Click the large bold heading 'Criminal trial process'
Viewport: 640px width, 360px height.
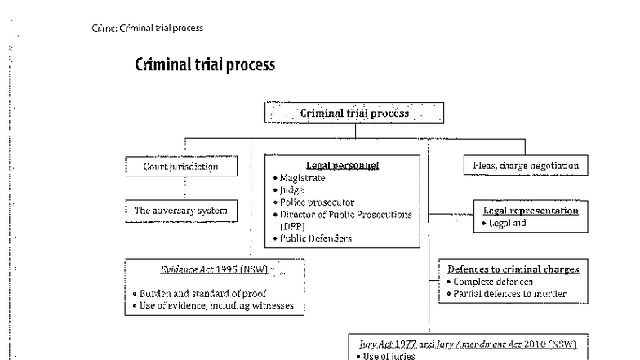tap(205, 65)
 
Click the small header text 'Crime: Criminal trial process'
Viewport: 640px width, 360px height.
tap(148, 28)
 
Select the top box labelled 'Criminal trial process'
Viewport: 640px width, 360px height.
tap(354, 113)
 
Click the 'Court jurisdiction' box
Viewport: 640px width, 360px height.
tap(182, 166)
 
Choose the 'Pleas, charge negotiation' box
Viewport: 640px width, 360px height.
tap(526, 166)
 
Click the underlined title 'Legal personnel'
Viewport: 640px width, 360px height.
tap(342, 165)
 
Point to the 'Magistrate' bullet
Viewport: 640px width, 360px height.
tap(302, 177)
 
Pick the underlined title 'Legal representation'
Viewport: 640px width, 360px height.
tap(531, 211)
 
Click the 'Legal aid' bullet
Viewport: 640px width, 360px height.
tap(510, 223)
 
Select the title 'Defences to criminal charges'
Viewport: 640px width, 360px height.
tap(513, 269)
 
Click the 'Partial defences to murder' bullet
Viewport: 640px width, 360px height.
tap(509, 294)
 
